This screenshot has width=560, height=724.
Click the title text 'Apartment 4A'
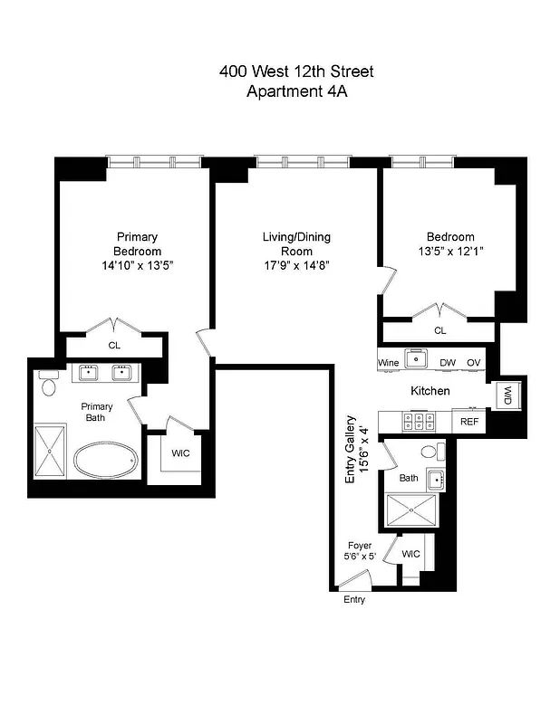tap(295, 91)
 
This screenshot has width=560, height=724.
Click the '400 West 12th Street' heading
tap(295, 71)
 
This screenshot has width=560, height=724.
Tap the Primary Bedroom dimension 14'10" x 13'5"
tap(137, 265)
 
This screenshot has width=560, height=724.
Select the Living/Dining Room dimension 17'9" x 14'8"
tap(296, 265)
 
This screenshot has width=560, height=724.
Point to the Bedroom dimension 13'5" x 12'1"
tap(450, 252)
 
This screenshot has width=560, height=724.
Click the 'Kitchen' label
tap(430, 391)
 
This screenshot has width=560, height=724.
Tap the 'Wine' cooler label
tap(388, 363)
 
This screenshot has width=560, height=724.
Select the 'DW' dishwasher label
tap(447, 363)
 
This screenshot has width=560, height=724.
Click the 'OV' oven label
tap(473, 363)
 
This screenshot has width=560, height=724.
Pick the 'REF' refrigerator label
tap(469, 422)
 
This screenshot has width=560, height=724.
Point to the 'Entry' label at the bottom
tap(354, 600)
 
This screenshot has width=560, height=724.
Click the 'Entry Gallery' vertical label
tap(355, 451)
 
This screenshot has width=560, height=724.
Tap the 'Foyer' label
tap(360, 546)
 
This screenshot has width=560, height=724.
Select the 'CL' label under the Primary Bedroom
tap(114, 345)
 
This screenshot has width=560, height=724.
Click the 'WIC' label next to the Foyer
tap(410, 553)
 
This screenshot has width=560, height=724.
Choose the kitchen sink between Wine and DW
tap(416, 359)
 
